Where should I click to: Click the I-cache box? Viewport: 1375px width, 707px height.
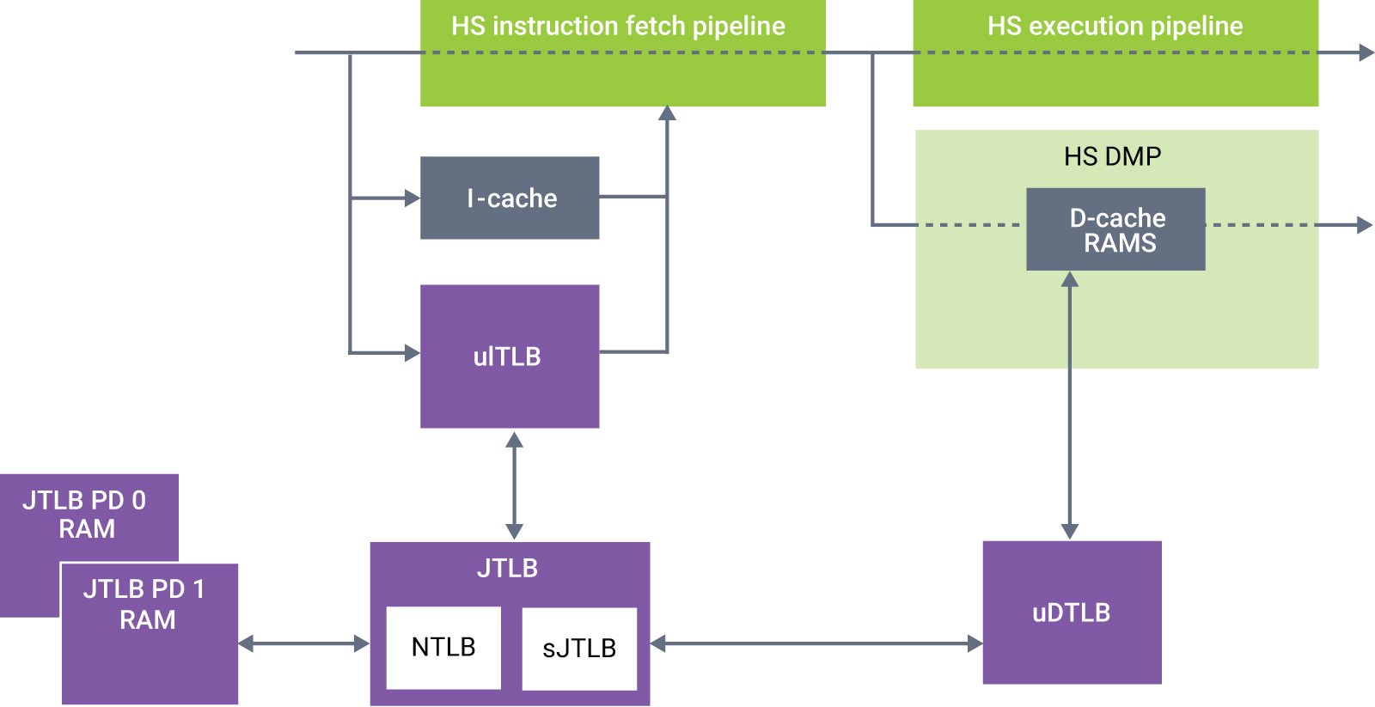[509, 198]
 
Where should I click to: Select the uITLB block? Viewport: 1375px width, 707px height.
[509, 356]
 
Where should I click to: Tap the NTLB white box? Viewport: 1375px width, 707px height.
[443, 648]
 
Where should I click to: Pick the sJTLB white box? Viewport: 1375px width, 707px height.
[579, 649]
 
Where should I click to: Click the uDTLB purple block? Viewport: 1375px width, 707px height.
[1072, 613]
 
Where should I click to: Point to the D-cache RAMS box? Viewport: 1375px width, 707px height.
[1115, 229]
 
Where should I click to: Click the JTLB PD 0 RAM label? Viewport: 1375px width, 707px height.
[85, 514]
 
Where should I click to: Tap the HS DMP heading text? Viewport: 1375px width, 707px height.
[1112, 156]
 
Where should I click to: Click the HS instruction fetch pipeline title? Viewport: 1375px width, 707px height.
[618, 26]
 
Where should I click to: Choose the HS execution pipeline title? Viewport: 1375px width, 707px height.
[1115, 26]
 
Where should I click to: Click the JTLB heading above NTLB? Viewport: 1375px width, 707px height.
[507, 568]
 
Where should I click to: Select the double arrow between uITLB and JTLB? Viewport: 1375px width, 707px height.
[514, 485]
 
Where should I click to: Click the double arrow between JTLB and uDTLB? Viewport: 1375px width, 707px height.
[816, 643]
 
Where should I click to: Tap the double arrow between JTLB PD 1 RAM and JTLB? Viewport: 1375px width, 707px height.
[303, 643]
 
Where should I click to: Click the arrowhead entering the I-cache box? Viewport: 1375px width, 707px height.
[412, 198]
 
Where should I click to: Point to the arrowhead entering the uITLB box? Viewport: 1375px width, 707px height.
[412, 352]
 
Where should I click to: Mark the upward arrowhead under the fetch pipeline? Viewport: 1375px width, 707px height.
[667, 113]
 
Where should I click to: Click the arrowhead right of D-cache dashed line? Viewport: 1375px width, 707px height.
[1364, 225]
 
